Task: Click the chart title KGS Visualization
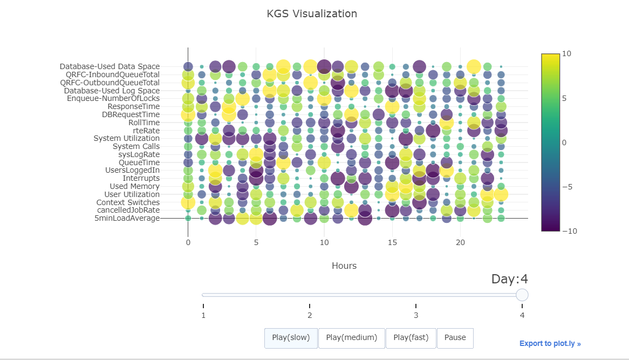pyautogui.click(x=312, y=13)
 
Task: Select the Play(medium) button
pyautogui.click(x=351, y=338)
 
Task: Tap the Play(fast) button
pyautogui.click(x=411, y=338)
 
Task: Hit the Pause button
pyautogui.click(x=455, y=338)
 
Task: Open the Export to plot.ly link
pyautogui.click(x=550, y=343)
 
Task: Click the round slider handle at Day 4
pyautogui.click(x=522, y=295)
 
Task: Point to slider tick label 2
pyautogui.click(x=310, y=315)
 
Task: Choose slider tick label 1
pyautogui.click(x=203, y=315)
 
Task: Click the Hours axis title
pyautogui.click(x=344, y=266)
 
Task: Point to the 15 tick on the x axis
pyautogui.click(x=392, y=243)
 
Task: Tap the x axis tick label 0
pyautogui.click(x=188, y=243)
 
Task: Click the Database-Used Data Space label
pyautogui.click(x=110, y=66)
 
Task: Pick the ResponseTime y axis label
pyautogui.click(x=134, y=106)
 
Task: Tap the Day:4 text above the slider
pyautogui.click(x=509, y=279)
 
